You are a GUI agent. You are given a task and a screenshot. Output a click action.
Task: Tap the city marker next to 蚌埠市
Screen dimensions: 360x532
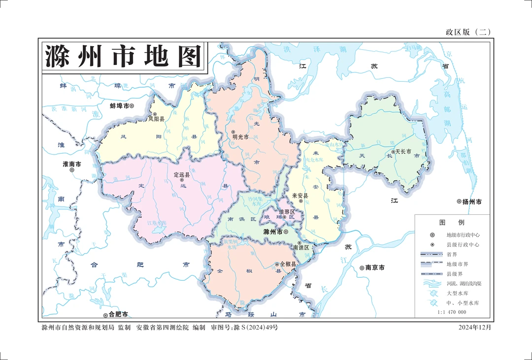click(x=132, y=106)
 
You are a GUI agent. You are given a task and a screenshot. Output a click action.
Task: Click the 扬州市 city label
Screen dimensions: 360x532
click(x=471, y=202)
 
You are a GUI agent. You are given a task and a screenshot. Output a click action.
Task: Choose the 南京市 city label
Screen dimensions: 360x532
click(x=375, y=268)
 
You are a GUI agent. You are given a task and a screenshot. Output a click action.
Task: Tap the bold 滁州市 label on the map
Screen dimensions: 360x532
click(x=273, y=231)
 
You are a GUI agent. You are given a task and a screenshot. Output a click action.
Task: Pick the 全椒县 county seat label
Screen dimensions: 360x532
click(x=288, y=264)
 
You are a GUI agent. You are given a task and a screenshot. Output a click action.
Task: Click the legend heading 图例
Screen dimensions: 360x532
click(x=452, y=223)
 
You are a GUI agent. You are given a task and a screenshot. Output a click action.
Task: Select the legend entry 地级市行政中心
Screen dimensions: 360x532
click(x=463, y=235)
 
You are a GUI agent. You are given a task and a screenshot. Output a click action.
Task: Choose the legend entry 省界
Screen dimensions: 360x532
click(x=452, y=254)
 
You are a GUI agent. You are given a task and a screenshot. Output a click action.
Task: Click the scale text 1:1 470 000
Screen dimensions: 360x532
click(x=452, y=312)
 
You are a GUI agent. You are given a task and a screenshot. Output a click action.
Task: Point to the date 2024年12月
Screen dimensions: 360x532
click(x=475, y=327)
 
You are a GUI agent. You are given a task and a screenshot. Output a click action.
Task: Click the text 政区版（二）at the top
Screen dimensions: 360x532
click(x=468, y=33)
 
